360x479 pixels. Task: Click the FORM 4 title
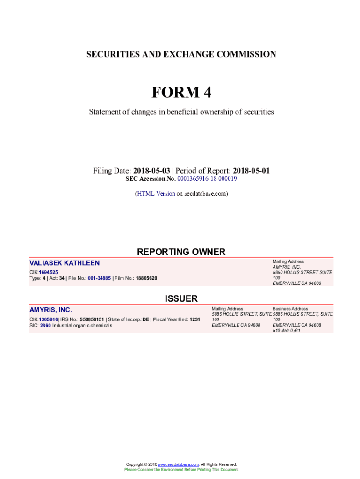pyautogui.click(x=181, y=93)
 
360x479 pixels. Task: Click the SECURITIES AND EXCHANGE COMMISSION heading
pyautogui.click(x=181, y=54)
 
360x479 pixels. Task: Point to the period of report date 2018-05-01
pyautogui.click(x=251, y=171)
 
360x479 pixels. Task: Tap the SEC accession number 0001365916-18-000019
pyautogui.click(x=207, y=179)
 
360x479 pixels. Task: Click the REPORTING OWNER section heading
pyautogui.click(x=181, y=252)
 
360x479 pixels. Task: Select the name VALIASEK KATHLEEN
pyautogui.click(x=65, y=263)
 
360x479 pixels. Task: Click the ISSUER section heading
pyautogui.click(x=181, y=298)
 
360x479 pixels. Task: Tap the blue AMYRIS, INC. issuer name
pyautogui.click(x=50, y=310)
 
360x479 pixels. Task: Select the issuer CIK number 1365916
pyautogui.click(x=48, y=319)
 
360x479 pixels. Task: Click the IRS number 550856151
pyautogui.click(x=92, y=319)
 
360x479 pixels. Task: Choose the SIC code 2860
pyautogui.click(x=45, y=325)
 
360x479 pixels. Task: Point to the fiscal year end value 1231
pyautogui.click(x=194, y=319)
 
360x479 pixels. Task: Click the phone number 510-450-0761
pyautogui.click(x=286, y=331)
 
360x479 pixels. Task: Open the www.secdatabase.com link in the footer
pyautogui.click(x=178, y=464)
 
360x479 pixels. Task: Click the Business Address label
pyautogui.click(x=290, y=309)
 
